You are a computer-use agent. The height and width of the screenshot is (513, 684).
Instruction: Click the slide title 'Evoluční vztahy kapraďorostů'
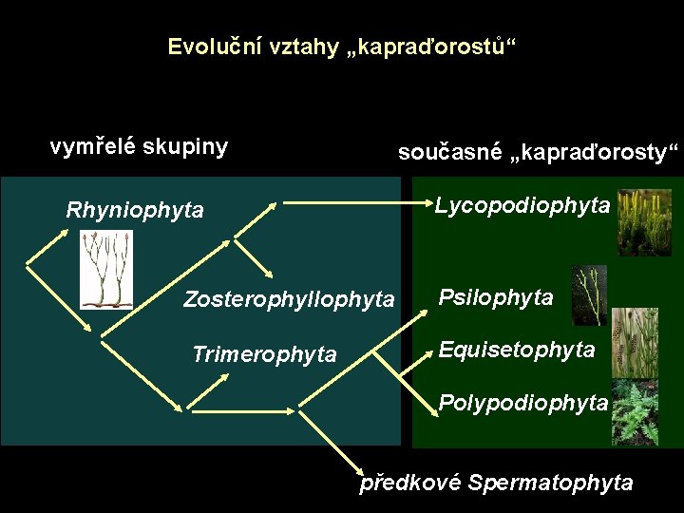point(343,47)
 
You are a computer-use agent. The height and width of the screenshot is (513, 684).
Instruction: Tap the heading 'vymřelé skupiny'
point(139,147)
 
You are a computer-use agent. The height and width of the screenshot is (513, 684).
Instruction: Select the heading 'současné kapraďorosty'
point(539,153)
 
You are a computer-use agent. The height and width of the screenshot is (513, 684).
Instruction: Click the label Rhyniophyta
point(135,210)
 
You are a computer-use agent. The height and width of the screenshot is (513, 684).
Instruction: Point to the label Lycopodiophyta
point(522,205)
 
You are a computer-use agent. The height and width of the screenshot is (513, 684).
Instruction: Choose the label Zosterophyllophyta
point(288,300)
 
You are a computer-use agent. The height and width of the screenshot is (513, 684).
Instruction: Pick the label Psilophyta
point(495,298)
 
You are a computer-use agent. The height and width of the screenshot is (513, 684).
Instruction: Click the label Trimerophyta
point(264,355)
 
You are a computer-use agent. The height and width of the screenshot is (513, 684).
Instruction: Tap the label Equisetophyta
point(517,351)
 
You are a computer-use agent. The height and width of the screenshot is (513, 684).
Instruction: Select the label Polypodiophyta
point(523,403)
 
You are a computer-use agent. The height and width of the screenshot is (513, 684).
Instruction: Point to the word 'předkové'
point(409,483)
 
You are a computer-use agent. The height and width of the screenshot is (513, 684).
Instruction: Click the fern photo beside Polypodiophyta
point(636,411)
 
